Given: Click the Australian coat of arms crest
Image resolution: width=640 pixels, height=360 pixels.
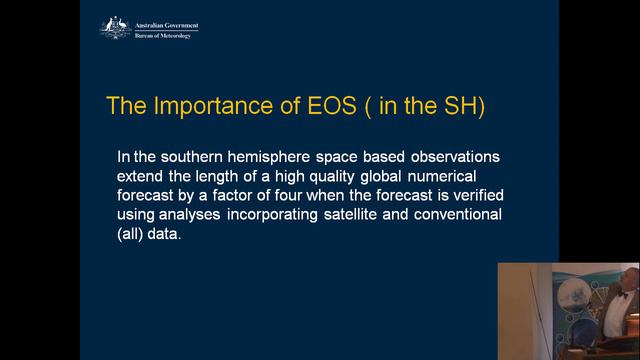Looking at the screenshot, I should pos(116,27).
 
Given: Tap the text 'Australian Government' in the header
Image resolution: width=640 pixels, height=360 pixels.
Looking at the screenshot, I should pos(166,24).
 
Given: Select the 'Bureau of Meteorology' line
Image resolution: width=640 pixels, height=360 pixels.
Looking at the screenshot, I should pos(162,35).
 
